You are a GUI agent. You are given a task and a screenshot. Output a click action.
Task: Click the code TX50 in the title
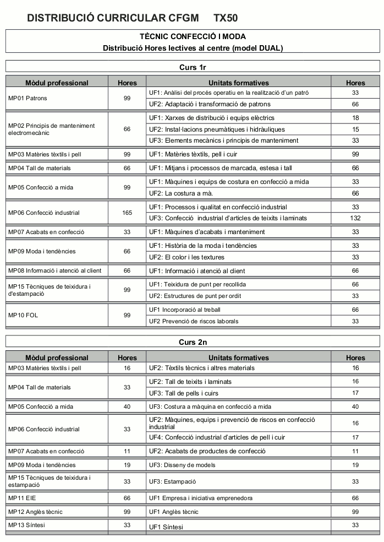(x=226, y=18)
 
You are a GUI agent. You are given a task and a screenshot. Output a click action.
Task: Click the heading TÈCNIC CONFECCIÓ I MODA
(x=193, y=36)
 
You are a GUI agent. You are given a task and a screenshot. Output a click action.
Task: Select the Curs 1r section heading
(x=193, y=68)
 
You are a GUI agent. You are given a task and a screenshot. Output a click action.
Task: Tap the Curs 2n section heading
(x=193, y=342)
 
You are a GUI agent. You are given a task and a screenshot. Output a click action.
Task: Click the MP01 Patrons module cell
(x=28, y=98)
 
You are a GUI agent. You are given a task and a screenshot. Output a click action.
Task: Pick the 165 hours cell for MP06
(x=127, y=213)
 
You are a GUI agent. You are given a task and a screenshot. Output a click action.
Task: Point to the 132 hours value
(x=355, y=218)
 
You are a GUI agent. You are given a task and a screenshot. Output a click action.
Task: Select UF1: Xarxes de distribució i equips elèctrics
(x=211, y=118)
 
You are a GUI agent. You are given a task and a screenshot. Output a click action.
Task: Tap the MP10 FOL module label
(x=23, y=315)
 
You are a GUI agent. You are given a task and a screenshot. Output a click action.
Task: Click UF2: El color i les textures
(x=186, y=257)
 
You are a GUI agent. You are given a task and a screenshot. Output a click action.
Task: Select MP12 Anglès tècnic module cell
(x=35, y=512)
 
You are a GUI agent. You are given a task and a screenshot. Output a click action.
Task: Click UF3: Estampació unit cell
(x=172, y=481)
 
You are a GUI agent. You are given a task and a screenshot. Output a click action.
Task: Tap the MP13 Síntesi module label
(x=26, y=525)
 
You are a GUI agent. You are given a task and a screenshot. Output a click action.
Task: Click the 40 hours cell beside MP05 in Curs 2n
(x=127, y=406)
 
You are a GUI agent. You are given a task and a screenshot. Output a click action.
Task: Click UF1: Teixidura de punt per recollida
(x=197, y=284)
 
